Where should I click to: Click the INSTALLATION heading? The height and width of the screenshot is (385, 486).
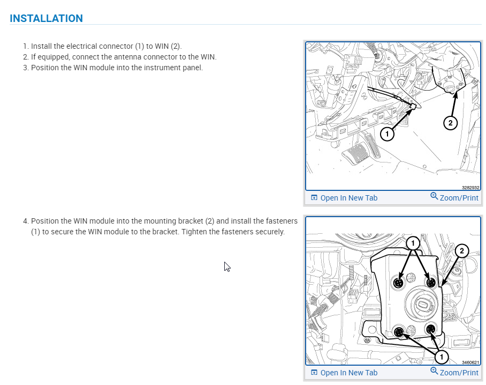(46, 18)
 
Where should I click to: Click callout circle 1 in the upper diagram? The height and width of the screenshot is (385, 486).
(387, 134)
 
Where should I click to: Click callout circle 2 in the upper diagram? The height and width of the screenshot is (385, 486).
(450, 123)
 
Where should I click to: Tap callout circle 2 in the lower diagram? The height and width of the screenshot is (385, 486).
(462, 250)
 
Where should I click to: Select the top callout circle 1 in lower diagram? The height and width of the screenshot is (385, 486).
(413, 243)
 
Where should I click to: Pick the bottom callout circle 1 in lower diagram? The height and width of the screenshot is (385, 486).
(442, 357)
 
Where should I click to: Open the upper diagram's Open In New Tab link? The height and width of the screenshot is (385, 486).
(344, 198)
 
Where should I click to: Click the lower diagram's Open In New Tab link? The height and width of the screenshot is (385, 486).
(344, 373)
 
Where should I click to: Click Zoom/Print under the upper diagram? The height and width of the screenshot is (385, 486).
(454, 197)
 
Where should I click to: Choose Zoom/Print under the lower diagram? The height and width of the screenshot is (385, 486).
(454, 372)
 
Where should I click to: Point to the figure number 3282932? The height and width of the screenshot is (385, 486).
(470, 188)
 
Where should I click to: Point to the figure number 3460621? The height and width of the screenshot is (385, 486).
(470, 362)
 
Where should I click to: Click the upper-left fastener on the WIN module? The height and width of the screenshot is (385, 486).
(399, 283)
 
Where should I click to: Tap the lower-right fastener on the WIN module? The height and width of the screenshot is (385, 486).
(431, 329)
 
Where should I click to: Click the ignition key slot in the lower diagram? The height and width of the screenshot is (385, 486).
(423, 304)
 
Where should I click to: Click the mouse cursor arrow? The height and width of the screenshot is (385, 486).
(226, 266)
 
